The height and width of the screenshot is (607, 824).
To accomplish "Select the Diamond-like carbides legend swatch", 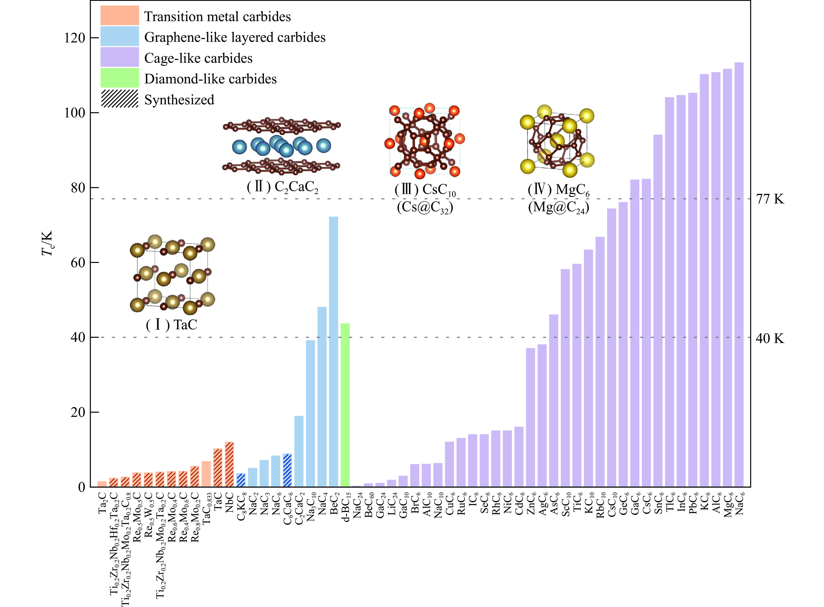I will pos(119,78).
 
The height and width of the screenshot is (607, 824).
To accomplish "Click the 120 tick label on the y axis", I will pos(75,38).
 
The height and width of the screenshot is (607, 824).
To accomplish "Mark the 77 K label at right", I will pos(770,199).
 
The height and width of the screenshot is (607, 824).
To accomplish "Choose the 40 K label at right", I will pos(770,338).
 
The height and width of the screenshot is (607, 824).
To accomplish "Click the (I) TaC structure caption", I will pos(171,325).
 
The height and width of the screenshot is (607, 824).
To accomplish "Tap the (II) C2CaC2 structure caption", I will pos(282,187).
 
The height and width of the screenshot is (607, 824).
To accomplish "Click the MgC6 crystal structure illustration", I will pos(557,142).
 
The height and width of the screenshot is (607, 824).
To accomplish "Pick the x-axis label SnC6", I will pos(658,503).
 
